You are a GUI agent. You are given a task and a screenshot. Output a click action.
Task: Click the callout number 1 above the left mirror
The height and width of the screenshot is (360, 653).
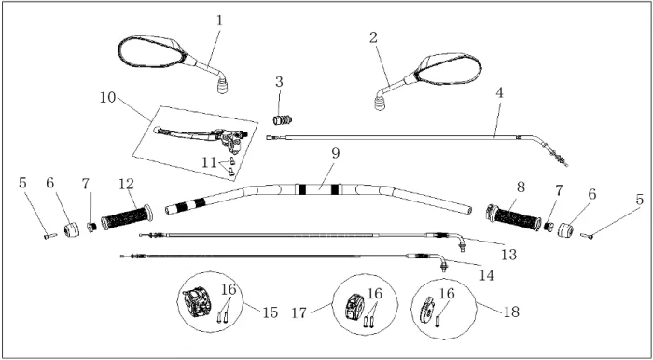[x=219, y=21]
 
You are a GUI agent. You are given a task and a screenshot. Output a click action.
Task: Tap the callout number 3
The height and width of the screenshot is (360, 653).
[x=279, y=82]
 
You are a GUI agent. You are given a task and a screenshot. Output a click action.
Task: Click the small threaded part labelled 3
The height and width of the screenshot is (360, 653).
[x=283, y=120]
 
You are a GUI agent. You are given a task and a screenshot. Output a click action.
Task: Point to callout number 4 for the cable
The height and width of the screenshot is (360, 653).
[x=499, y=93]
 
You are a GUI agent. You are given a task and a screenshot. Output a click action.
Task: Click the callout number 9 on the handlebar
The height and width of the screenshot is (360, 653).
[x=336, y=154]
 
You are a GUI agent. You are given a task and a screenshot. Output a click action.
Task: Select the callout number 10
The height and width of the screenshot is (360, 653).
[x=108, y=98]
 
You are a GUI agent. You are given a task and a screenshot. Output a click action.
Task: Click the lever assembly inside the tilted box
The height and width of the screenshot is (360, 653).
[x=200, y=136]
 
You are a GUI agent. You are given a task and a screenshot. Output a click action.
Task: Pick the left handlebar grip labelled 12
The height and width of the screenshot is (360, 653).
[x=127, y=217]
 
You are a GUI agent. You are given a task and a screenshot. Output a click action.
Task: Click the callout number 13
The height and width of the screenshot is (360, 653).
[x=509, y=255]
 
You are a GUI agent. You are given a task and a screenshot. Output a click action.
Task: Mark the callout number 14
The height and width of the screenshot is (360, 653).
[x=486, y=275]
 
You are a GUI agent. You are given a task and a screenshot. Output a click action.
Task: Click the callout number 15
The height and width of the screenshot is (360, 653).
[x=270, y=312]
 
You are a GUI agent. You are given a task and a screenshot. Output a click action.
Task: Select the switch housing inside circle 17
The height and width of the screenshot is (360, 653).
[x=354, y=307]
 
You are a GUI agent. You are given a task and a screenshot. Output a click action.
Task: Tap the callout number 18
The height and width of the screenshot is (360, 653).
[x=511, y=312]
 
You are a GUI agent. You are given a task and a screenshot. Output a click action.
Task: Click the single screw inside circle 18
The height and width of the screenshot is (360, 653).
[x=438, y=321]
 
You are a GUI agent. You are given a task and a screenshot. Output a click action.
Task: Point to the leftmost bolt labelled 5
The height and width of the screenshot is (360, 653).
[x=50, y=236]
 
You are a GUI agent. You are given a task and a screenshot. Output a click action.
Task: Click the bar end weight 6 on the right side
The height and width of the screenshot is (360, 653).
[x=565, y=229]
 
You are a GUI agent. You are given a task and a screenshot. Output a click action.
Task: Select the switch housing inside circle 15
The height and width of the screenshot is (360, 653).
[x=198, y=302]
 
